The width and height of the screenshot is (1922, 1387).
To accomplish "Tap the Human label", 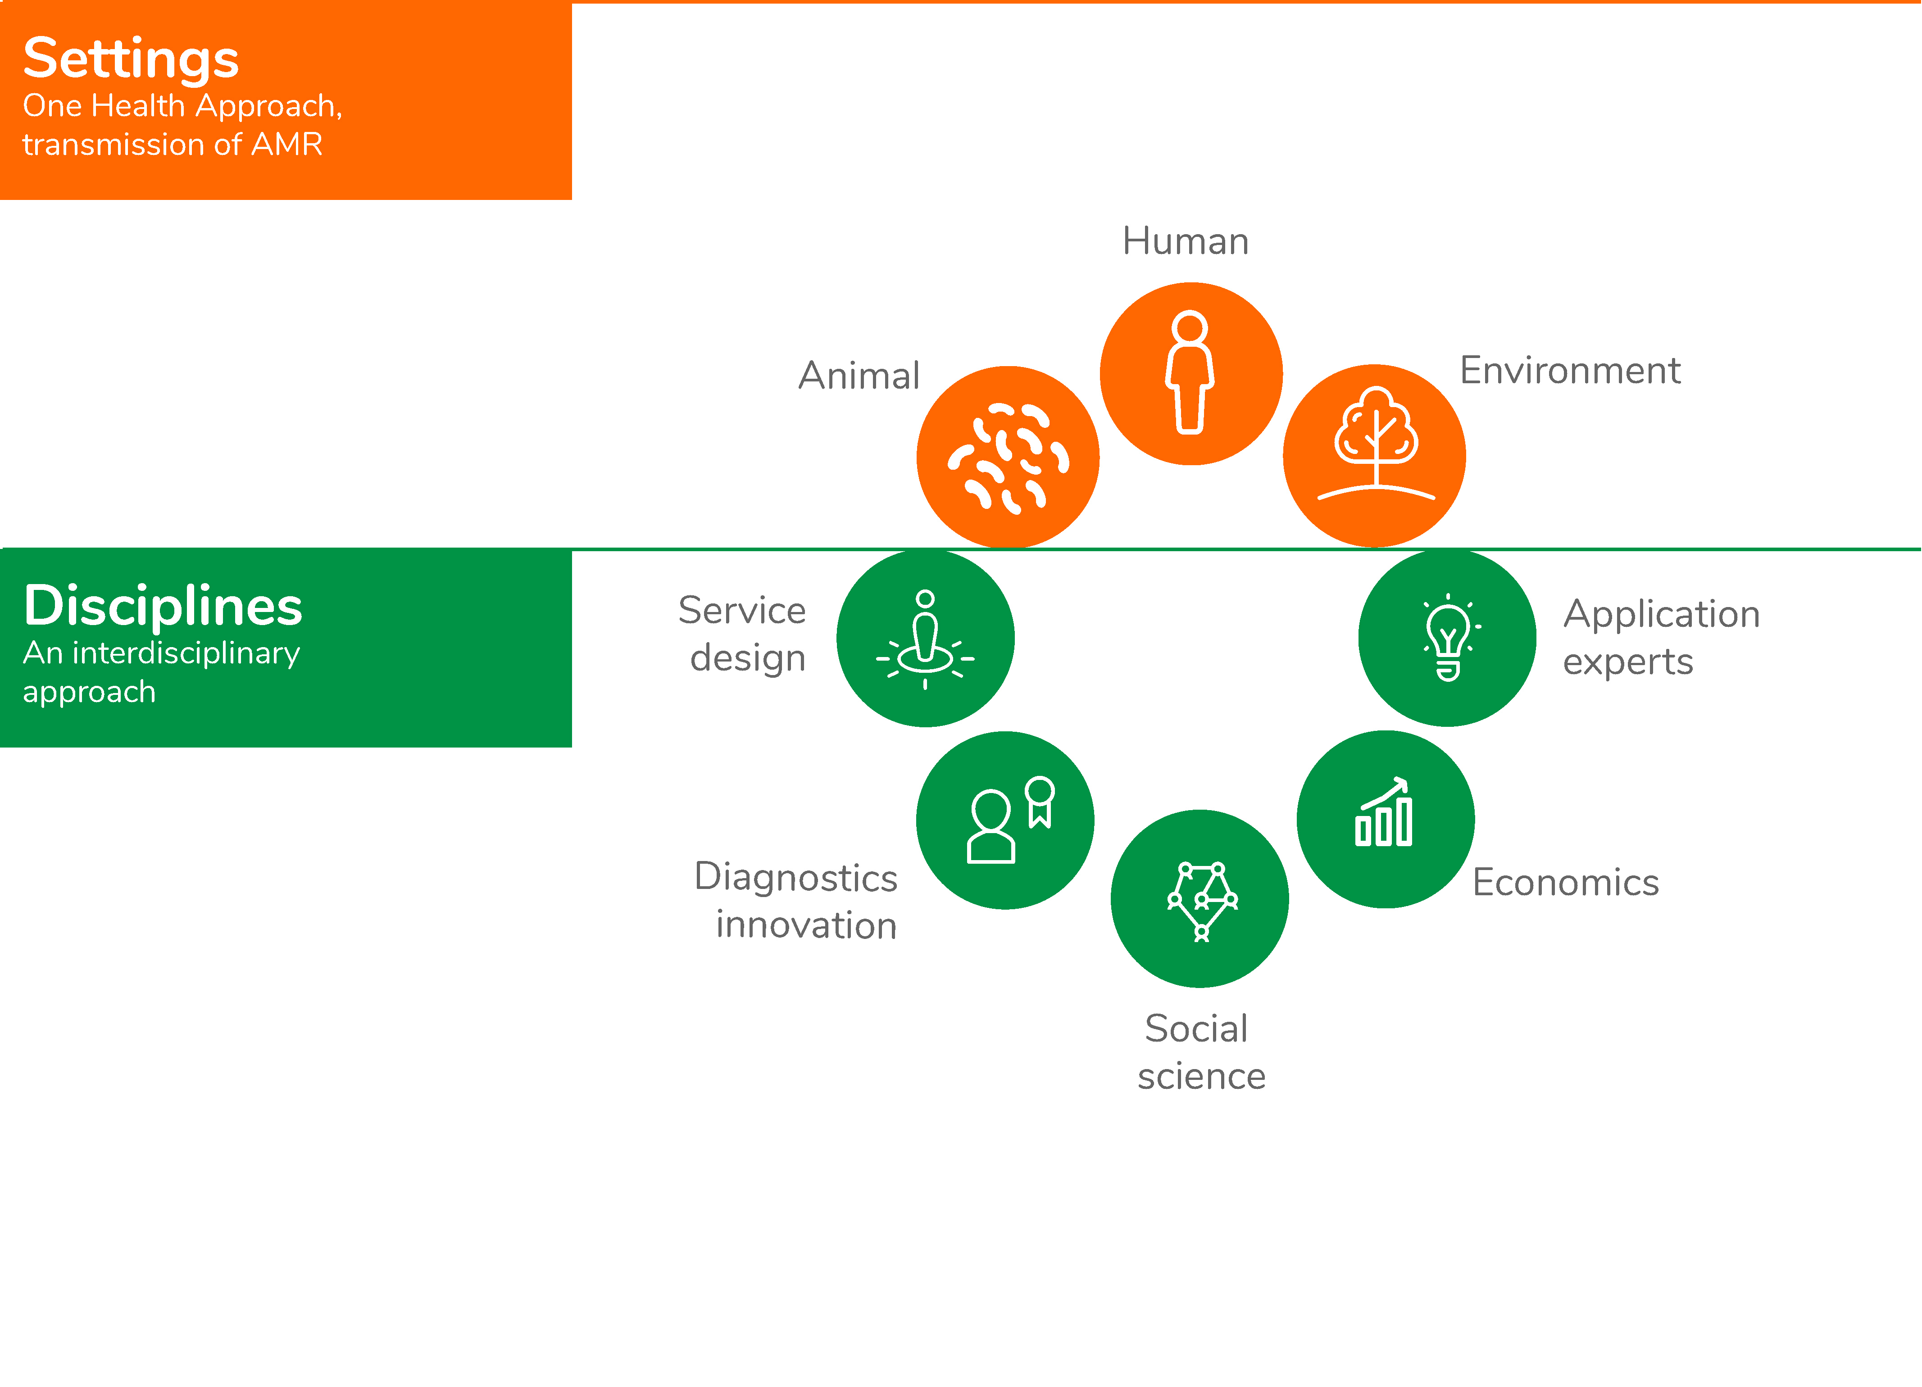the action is tap(1186, 241).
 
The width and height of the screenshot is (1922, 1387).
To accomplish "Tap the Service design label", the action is tap(742, 634).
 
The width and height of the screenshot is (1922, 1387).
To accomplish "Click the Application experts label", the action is tap(1662, 637).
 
